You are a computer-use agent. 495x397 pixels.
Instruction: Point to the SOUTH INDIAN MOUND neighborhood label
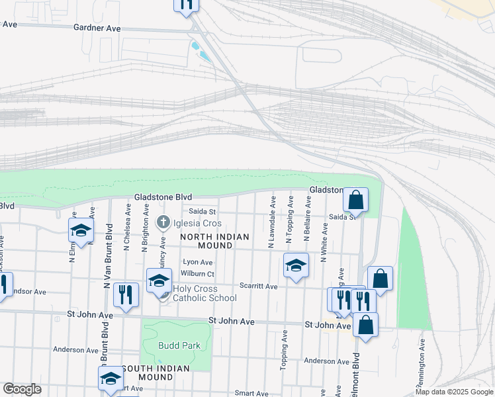156,373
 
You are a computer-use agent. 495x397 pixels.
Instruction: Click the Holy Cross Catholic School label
204,293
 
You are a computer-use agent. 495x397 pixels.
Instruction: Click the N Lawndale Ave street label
272,222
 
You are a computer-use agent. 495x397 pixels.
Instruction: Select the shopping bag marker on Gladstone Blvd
355,199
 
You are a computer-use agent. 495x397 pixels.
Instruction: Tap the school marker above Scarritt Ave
296,265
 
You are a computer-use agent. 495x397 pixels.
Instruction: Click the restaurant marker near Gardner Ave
186,4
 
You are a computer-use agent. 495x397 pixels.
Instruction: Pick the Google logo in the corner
22,389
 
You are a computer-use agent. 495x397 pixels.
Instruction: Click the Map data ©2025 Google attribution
454,392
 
